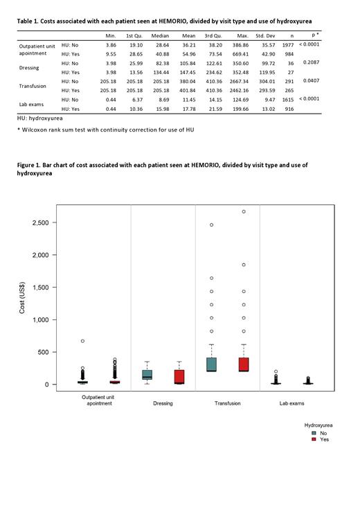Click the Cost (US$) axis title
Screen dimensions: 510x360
click(x=22, y=303)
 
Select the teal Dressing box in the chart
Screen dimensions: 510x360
click(x=147, y=375)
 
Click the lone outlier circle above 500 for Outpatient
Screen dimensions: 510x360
click(x=82, y=341)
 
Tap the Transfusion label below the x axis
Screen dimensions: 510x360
click(x=228, y=403)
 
